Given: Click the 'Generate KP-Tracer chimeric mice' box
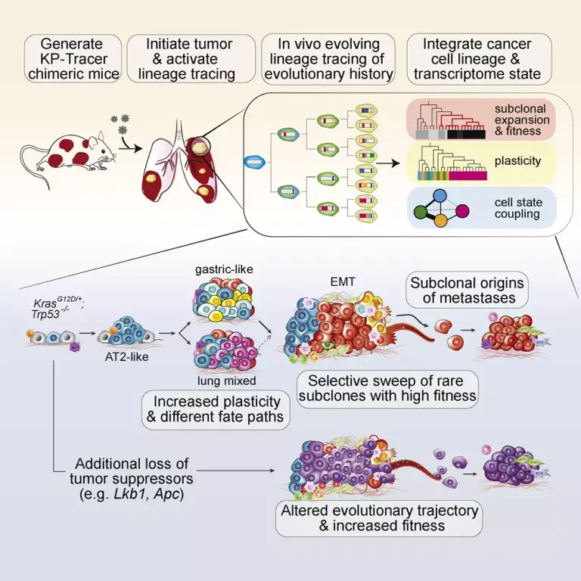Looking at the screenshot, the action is [x=73, y=58].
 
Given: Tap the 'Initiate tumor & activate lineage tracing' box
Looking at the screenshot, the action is [x=191, y=58].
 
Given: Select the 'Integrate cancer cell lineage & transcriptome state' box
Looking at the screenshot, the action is [x=479, y=59].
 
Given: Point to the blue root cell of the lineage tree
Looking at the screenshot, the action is [x=254, y=162].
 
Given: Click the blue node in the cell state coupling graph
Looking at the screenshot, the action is [x=440, y=195].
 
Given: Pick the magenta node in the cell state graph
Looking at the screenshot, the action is [x=462, y=211].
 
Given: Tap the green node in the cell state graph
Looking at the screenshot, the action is [x=421, y=212].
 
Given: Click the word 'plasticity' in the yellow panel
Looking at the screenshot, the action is [x=517, y=161].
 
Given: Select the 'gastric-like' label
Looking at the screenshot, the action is [x=224, y=269].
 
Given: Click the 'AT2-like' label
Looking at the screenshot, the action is [x=127, y=357].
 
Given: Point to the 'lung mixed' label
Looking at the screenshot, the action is [x=226, y=381].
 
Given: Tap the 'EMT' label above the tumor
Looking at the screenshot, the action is [x=343, y=282].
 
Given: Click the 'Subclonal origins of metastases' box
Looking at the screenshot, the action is [x=467, y=290].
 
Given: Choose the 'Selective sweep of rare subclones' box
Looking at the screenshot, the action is [x=387, y=389].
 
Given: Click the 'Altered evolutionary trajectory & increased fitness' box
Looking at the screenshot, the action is [x=379, y=518].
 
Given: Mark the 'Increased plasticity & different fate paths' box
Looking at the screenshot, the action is [x=216, y=409].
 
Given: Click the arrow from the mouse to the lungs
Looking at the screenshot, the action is [x=130, y=148].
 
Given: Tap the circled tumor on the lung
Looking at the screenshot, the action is [x=200, y=147].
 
